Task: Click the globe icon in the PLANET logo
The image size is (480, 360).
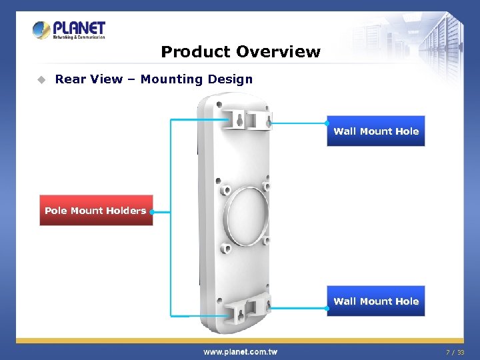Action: tap(42, 31)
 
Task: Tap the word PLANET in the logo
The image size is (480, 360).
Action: tap(79, 28)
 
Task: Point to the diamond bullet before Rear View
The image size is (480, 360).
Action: tap(41, 79)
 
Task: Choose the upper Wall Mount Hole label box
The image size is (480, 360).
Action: tap(376, 131)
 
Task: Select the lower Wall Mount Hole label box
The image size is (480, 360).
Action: tap(376, 301)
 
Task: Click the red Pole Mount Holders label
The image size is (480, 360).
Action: tap(95, 211)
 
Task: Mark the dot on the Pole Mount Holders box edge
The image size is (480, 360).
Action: tap(153, 211)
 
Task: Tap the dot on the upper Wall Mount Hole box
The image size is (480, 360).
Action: tap(327, 123)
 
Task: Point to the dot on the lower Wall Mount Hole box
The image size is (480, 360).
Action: tap(327, 308)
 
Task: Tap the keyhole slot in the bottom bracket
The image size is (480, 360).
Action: tap(236, 309)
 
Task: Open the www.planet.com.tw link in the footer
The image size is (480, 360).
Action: tap(240, 351)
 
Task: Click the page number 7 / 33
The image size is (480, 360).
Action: tap(455, 352)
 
